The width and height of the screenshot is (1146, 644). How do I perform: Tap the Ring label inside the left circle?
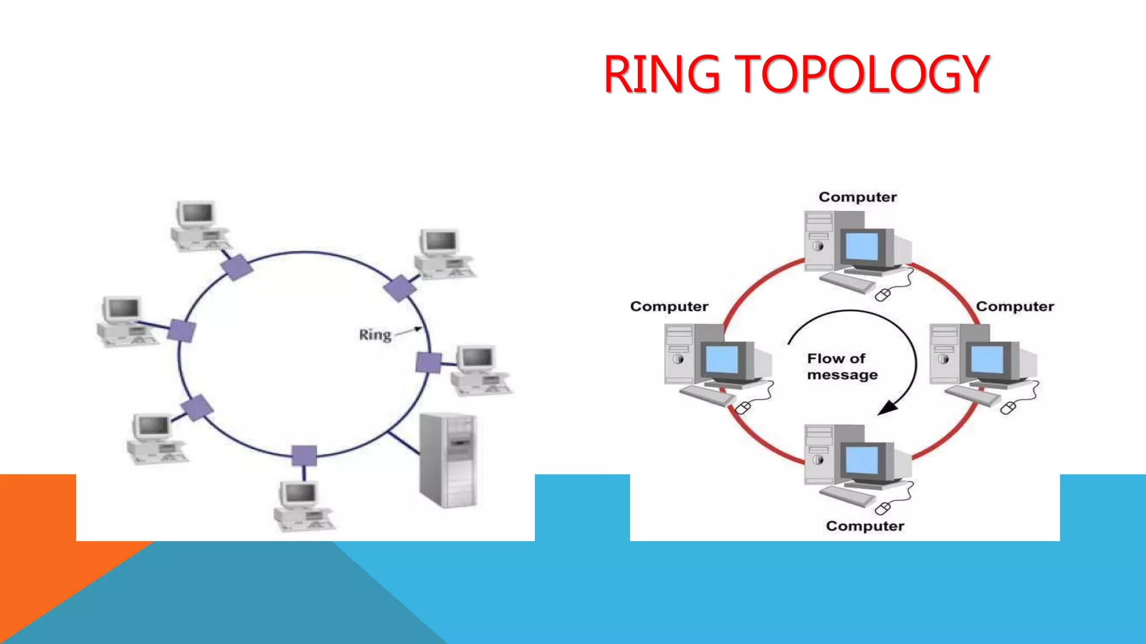pyautogui.click(x=375, y=335)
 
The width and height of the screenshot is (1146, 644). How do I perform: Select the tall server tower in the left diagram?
pyautogui.click(x=448, y=460)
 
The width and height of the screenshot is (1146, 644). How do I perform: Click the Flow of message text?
pyautogui.click(x=842, y=366)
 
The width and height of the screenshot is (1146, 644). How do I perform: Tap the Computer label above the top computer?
pyautogui.click(x=857, y=197)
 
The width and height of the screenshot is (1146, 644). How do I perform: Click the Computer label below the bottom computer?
pyautogui.click(x=865, y=526)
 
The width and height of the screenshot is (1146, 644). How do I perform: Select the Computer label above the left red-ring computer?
pyautogui.click(x=669, y=306)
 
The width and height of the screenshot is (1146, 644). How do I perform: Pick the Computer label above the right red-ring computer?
pyautogui.click(x=1015, y=306)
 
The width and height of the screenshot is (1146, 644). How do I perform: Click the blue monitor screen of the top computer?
pyautogui.click(x=862, y=246)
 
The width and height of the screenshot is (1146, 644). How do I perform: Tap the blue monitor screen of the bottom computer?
pyautogui.click(x=862, y=460)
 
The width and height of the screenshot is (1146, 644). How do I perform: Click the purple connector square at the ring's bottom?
pyautogui.click(x=304, y=456)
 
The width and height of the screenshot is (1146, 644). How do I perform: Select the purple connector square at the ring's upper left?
pyautogui.click(x=237, y=267)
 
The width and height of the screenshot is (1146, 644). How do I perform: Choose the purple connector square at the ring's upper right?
pyautogui.click(x=400, y=288)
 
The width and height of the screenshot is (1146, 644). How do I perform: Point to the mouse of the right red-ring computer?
pyautogui.click(x=1008, y=408)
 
